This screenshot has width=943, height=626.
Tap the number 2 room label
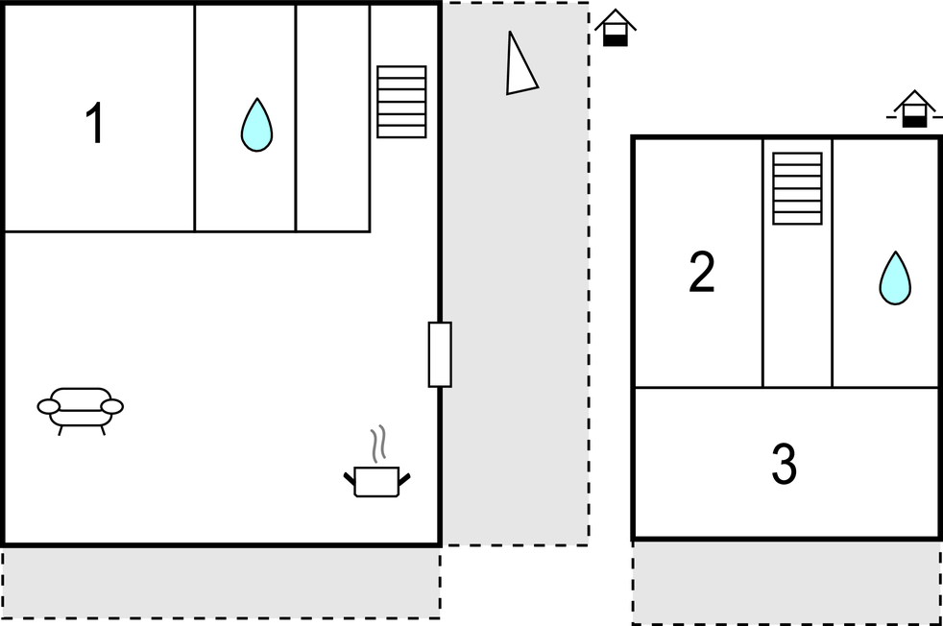click(702, 273)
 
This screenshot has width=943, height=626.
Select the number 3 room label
click(785, 463)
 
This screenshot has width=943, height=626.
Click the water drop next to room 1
click(256, 125)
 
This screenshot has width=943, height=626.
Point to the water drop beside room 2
click(895, 277)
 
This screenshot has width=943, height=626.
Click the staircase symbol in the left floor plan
click(401, 102)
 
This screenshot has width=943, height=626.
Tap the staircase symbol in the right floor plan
click(797, 188)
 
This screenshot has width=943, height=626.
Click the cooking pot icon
click(377, 481)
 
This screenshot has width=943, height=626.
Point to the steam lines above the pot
click(377, 444)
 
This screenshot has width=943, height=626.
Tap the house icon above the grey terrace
click(616, 28)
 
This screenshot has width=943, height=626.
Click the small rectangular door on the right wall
click(440, 354)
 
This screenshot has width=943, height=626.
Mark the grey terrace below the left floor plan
click(221, 583)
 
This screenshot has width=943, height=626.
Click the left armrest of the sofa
click(49, 407)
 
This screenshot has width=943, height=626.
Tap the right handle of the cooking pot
click(404, 479)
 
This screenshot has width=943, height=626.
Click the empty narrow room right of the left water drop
click(332, 118)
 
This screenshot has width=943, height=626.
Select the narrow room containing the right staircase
click(797, 263)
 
